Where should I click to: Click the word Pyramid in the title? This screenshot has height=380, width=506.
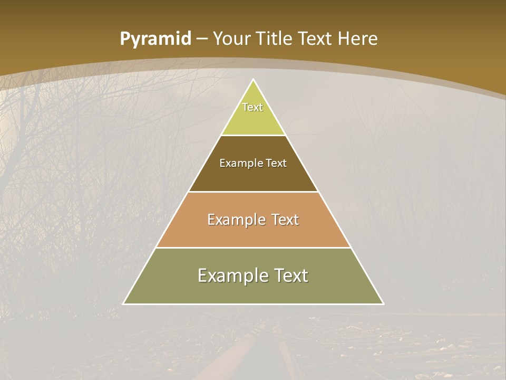(155, 39)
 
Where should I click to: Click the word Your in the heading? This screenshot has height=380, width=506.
(231, 39)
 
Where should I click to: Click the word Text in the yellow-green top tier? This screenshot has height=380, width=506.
(252, 107)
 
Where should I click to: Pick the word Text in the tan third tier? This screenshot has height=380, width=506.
(285, 220)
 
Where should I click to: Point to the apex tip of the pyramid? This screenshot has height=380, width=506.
(254, 80)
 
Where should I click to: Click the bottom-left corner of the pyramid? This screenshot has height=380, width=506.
(124, 303)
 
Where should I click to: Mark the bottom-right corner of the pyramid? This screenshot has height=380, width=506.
(383, 303)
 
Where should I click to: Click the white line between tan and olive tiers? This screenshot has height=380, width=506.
(254, 248)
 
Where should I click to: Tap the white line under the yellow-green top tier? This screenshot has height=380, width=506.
(254, 135)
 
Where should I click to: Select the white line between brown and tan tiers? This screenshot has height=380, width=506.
(254, 192)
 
